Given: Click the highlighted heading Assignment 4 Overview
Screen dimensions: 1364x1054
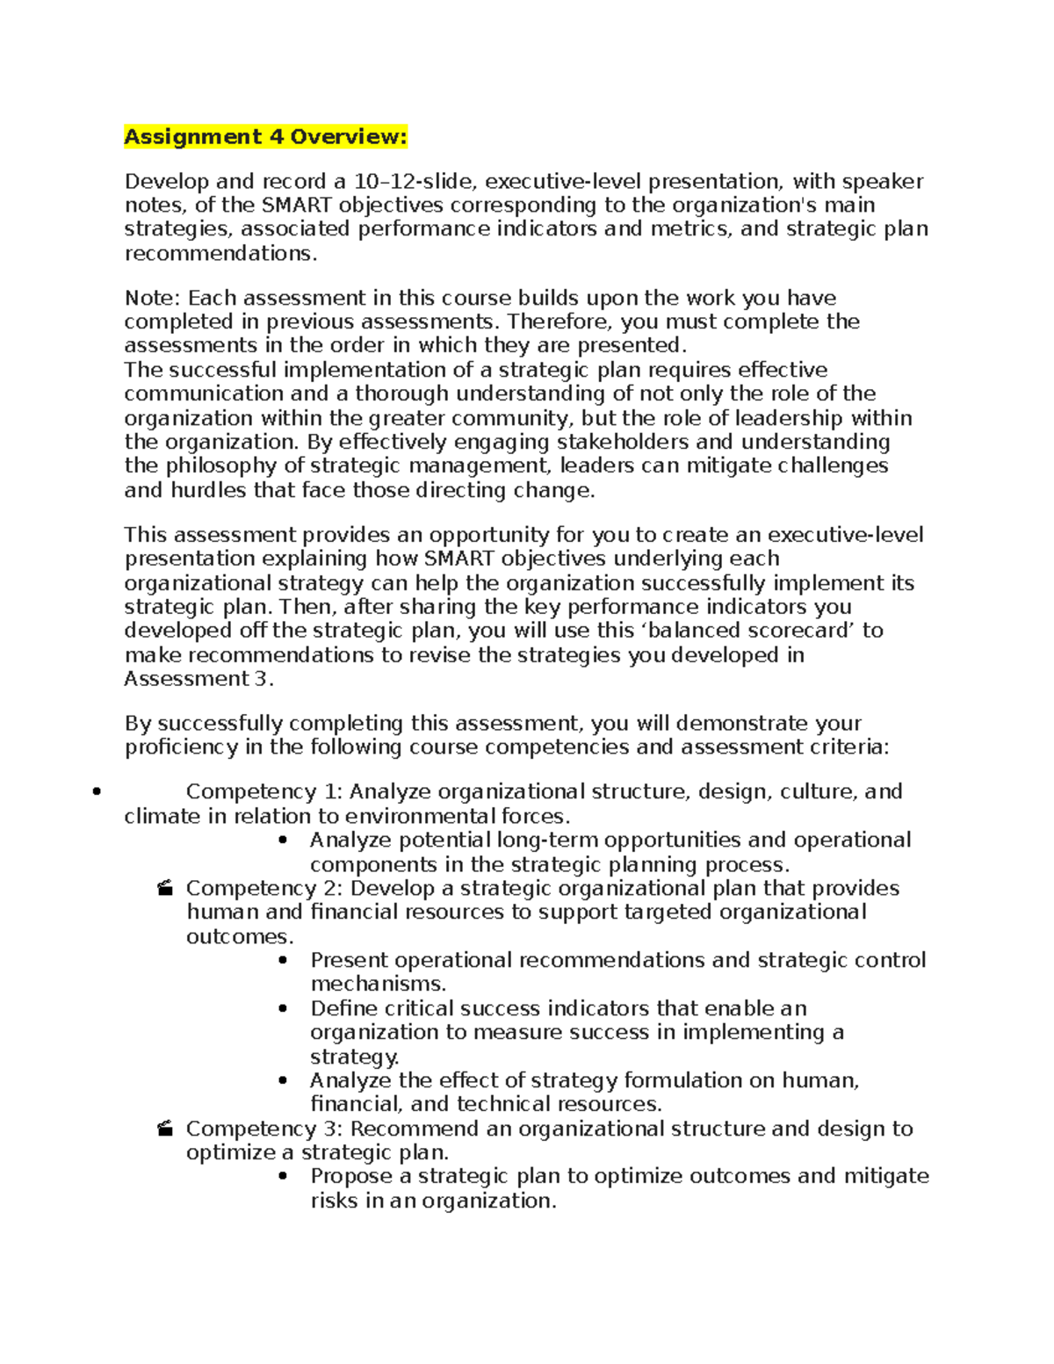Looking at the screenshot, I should [265, 137].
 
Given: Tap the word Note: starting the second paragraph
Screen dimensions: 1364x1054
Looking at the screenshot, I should [153, 298].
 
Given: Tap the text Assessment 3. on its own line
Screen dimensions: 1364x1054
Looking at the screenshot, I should [199, 679].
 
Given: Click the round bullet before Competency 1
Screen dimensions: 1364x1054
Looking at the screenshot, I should [97, 792].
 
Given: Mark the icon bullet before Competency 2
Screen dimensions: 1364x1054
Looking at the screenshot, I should [164, 888].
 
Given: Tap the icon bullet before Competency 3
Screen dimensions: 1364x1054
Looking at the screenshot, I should [164, 1129].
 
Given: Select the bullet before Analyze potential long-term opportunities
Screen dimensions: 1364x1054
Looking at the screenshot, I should [283, 841].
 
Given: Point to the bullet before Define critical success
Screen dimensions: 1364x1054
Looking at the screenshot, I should [283, 1008].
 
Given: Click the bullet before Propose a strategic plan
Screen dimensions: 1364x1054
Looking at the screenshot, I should [283, 1177].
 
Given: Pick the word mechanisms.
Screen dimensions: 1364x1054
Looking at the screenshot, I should [379, 984].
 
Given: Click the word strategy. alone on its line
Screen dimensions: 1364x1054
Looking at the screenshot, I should [354, 1057].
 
